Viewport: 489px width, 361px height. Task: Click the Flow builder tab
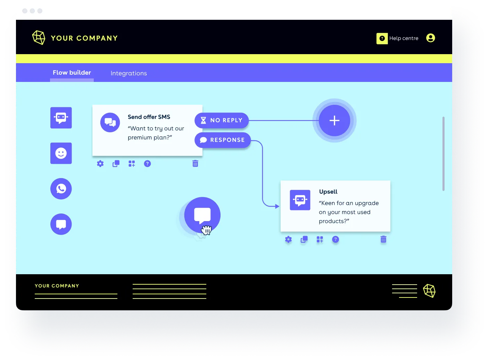pos(72,73)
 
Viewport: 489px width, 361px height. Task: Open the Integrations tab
pos(129,73)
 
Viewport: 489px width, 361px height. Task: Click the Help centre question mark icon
pos(382,39)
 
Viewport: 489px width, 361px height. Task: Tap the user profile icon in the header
pos(430,38)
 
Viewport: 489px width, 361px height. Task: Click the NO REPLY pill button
pos(222,120)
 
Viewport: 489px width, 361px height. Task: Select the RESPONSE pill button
pos(223,140)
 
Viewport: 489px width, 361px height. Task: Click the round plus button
pos(334,120)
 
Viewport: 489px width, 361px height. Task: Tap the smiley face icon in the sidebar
pos(61,153)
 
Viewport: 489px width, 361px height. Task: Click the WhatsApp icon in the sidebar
pos(61,188)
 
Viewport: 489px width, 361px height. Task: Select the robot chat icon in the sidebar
pos(61,118)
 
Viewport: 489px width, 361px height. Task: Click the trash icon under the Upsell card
pos(383,239)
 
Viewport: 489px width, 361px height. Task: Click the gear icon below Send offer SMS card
pos(100,163)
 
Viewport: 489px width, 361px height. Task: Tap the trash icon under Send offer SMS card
pos(195,163)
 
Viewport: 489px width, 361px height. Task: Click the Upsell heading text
pos(328,192)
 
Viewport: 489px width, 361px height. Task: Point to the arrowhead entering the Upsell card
pos(277,206)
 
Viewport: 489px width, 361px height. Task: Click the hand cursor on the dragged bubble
pos(206,230)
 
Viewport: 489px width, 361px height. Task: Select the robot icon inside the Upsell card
pos(300,200)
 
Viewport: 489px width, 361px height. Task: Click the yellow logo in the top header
pos(39,37)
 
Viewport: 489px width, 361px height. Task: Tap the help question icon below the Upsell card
pos(335,239)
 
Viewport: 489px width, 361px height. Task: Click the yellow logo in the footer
pos(429,291)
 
